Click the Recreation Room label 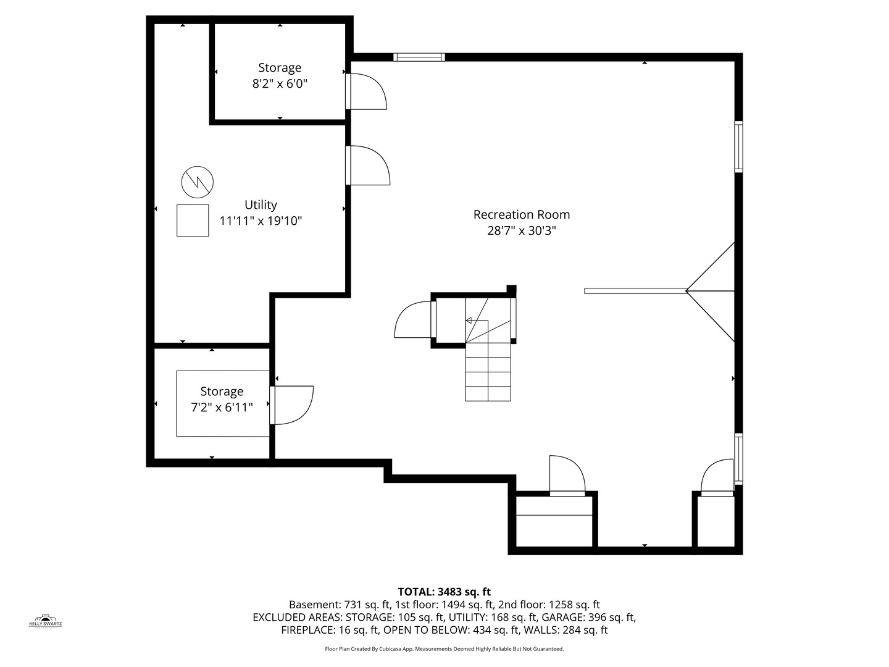[521, 214]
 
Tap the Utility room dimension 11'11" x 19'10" [261, 220]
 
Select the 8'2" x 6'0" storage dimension [280, 83]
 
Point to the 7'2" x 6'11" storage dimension [222, 407]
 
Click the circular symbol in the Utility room [198, 182]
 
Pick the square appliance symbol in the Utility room [193, 220]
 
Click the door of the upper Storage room [367, 91]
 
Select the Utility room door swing [369, 165]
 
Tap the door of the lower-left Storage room [293, 405]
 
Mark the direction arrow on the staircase [469, 321]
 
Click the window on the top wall [419, 57]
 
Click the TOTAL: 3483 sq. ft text [444, 592]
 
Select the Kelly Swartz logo [46, 621]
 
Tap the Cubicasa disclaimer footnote [444, 649]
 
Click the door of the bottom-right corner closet [717, 477]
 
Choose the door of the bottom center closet [566, 475]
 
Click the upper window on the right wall [738, 146]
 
